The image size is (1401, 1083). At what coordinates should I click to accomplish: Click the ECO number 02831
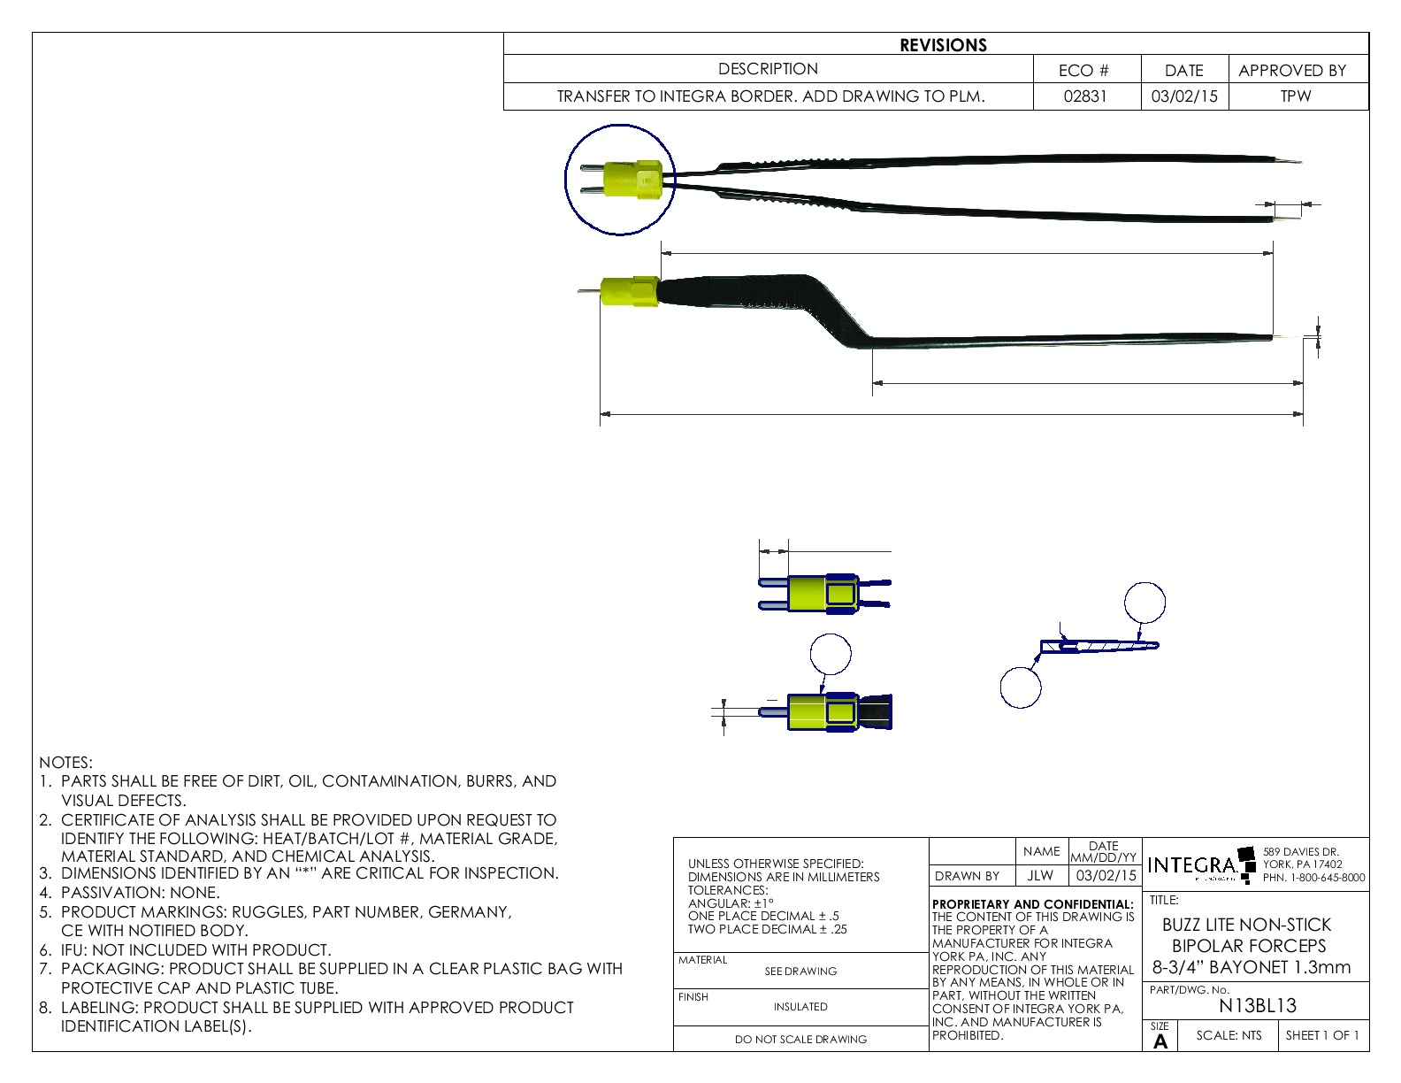click(1084, 96)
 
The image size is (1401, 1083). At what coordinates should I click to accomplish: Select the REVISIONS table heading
click(943, 45)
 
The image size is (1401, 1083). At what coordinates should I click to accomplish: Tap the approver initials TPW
click(1296, 96)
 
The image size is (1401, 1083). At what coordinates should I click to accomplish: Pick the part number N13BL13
click(1257, 1005)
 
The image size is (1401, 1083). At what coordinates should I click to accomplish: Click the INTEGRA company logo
click(1193, 864)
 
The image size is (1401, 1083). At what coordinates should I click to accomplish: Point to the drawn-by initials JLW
click(1040, 875)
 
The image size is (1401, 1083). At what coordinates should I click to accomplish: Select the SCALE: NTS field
click(1229, 1035)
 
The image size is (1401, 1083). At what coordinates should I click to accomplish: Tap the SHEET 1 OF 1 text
click(1322, 1035)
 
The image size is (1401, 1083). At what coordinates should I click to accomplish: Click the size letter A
click(1160, 1041)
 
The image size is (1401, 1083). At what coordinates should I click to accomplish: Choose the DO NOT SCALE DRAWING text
click(800, 1039)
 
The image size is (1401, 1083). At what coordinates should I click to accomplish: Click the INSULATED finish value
click(800, 1006)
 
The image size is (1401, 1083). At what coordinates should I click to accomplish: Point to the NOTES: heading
click(65, 762)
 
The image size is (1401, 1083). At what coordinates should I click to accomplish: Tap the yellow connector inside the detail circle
click(632, 180)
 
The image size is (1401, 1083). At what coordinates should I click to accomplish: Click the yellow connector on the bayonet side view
click(629, 292)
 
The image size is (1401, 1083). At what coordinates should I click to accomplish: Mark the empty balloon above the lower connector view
click(831, 655)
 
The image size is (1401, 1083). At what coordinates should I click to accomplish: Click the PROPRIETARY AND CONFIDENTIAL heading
click(1032, 904)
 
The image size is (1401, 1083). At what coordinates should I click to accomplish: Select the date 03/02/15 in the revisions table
click(1183, 96)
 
